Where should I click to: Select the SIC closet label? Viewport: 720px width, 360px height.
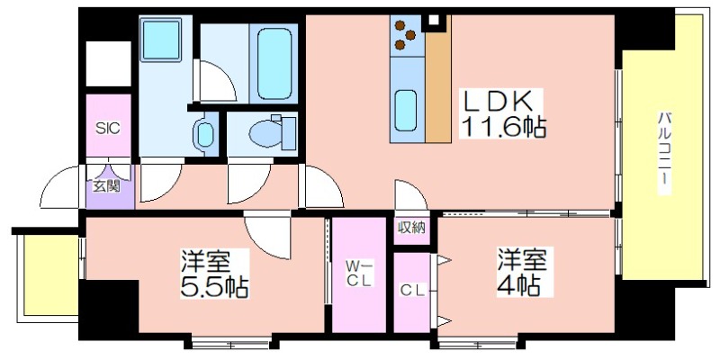[x=107, y=127]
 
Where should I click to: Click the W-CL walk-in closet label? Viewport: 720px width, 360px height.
[x=357, y=273]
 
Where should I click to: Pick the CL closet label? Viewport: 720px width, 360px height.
[x=412, y=290]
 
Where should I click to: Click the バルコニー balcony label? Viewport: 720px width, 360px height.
[x=663, y=148]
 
